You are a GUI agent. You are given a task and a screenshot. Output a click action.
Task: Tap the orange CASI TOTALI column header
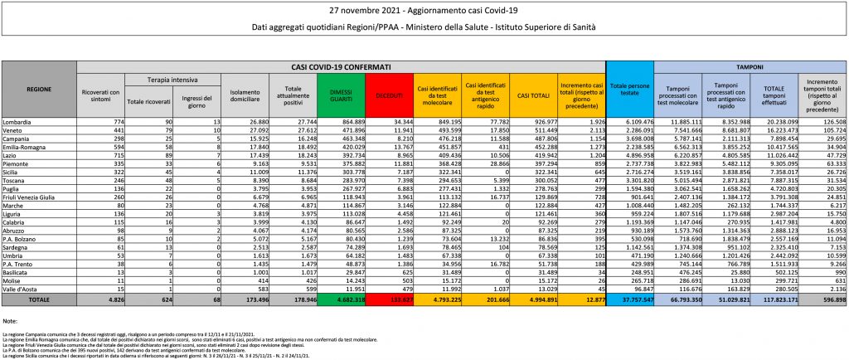click(x=531, y=95)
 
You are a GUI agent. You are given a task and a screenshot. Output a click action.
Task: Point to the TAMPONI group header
click(x=749, y=66)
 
